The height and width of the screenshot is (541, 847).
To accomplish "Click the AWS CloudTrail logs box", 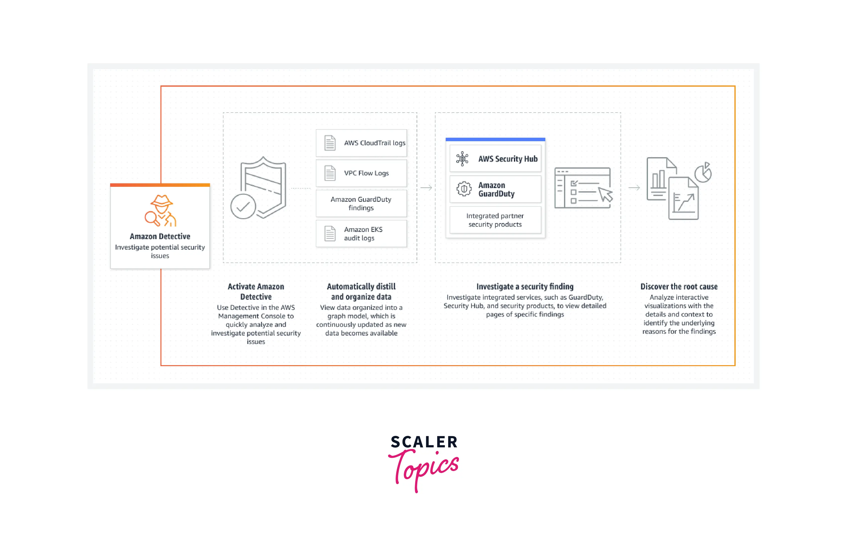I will tap(361, 143).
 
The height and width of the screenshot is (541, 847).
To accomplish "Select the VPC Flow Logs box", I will tap(361, 173).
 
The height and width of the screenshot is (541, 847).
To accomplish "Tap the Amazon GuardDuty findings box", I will tap(361, 203).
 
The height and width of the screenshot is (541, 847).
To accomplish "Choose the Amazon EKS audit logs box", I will tap(361, 234).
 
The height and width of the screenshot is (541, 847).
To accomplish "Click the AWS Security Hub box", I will tap(495, 159).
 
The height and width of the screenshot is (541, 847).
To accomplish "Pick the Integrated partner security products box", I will tap(495, 220).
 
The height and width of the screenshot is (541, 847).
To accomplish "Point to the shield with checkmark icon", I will tap(259, 188).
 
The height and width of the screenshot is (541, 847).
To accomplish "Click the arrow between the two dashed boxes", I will tap(426, 188).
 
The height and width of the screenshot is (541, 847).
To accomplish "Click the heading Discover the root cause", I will tap(679, 286).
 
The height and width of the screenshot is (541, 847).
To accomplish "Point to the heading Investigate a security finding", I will tap(525, 286).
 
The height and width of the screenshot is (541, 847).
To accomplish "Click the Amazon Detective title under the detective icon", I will tap(160, 236).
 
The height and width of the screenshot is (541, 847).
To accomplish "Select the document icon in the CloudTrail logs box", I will tap(330, 143).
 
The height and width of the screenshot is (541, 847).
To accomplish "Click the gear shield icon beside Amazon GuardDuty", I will tap(464, 189).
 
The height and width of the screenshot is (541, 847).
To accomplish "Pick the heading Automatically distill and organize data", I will tap(361, 292).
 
